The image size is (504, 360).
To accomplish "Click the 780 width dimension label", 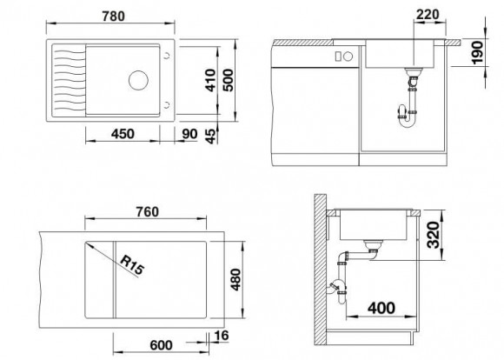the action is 114,16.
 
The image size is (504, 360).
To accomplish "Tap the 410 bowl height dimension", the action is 210,80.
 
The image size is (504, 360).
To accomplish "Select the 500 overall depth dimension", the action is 229,80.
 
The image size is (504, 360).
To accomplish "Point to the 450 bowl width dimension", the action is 123,134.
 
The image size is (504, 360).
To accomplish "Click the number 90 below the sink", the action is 189,134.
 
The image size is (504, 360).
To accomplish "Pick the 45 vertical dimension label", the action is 210,136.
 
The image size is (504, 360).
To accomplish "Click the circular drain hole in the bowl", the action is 138,80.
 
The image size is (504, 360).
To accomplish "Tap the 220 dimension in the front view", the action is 428,15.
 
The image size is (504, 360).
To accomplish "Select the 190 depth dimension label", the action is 478,52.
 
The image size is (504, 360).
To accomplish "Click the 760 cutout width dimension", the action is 147,211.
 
